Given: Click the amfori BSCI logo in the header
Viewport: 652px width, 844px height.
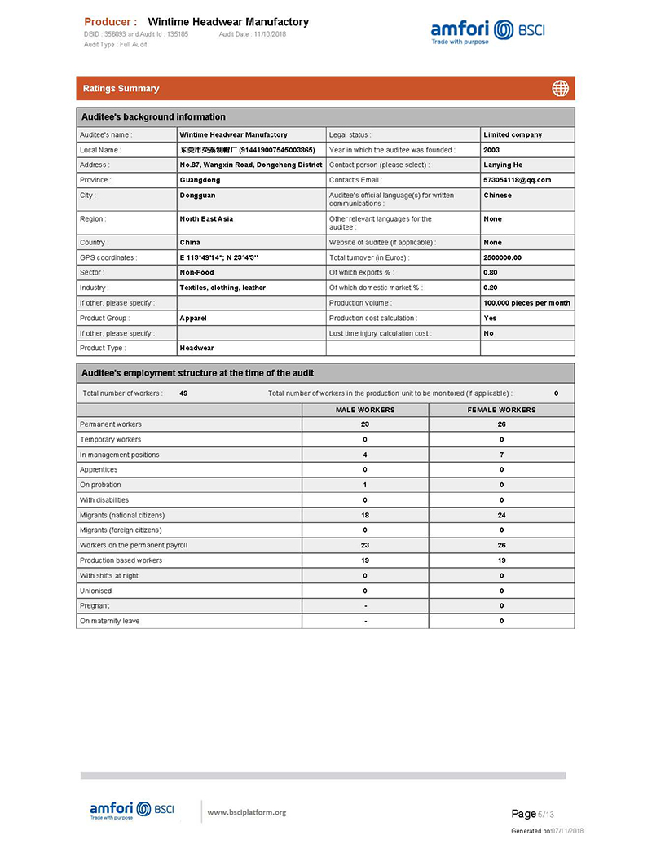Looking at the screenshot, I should coord(487,32).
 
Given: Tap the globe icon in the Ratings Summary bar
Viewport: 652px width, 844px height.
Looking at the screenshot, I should coord(560,88).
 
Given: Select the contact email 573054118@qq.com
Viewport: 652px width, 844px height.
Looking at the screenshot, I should coord(517,180).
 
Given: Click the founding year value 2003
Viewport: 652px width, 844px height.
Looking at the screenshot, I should coord(491,150).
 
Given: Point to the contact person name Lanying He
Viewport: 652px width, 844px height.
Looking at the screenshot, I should coord(503,165).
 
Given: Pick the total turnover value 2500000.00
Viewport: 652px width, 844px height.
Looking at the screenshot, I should coord(502,257).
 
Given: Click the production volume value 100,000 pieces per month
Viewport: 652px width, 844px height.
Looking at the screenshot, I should coord(526,303).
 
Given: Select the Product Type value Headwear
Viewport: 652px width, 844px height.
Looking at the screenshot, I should coord(196,348).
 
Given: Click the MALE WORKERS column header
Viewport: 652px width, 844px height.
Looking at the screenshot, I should coord(365,410).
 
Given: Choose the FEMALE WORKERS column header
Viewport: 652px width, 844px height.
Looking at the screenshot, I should coord(501,410).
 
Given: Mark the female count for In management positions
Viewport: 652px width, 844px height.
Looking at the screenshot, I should coord(501,455).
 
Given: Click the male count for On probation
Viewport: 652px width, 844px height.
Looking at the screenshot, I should coord(365,485).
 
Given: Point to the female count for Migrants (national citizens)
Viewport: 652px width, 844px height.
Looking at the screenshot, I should coord(501,515).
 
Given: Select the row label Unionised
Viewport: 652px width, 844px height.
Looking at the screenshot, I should coord(95,591).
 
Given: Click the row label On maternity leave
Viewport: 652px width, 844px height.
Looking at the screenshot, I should coord(109,621).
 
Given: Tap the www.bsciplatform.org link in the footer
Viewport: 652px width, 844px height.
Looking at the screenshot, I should coord(247,812).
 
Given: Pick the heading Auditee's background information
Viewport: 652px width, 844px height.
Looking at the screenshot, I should coord(153,117).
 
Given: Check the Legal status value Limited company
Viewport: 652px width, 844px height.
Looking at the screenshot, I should coord(512,134).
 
